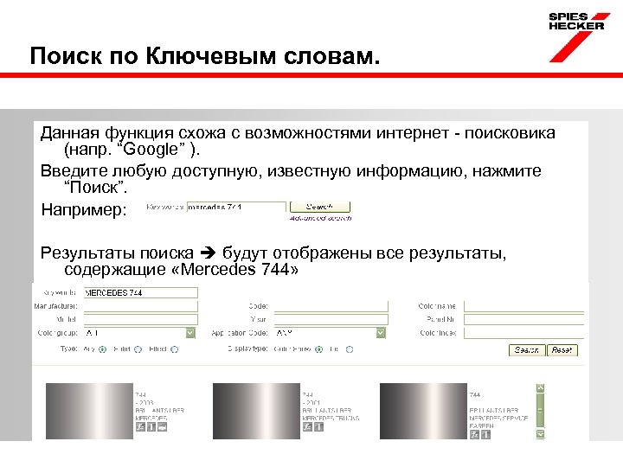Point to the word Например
click(x=84, y=210)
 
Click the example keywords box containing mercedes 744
click(x=236, y=208)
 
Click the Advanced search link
click(x=320, y=217)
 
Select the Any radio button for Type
click(x=102, y=349)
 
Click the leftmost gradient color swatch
click(x=82, y=406)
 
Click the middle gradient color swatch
click(x=250, y=406)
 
